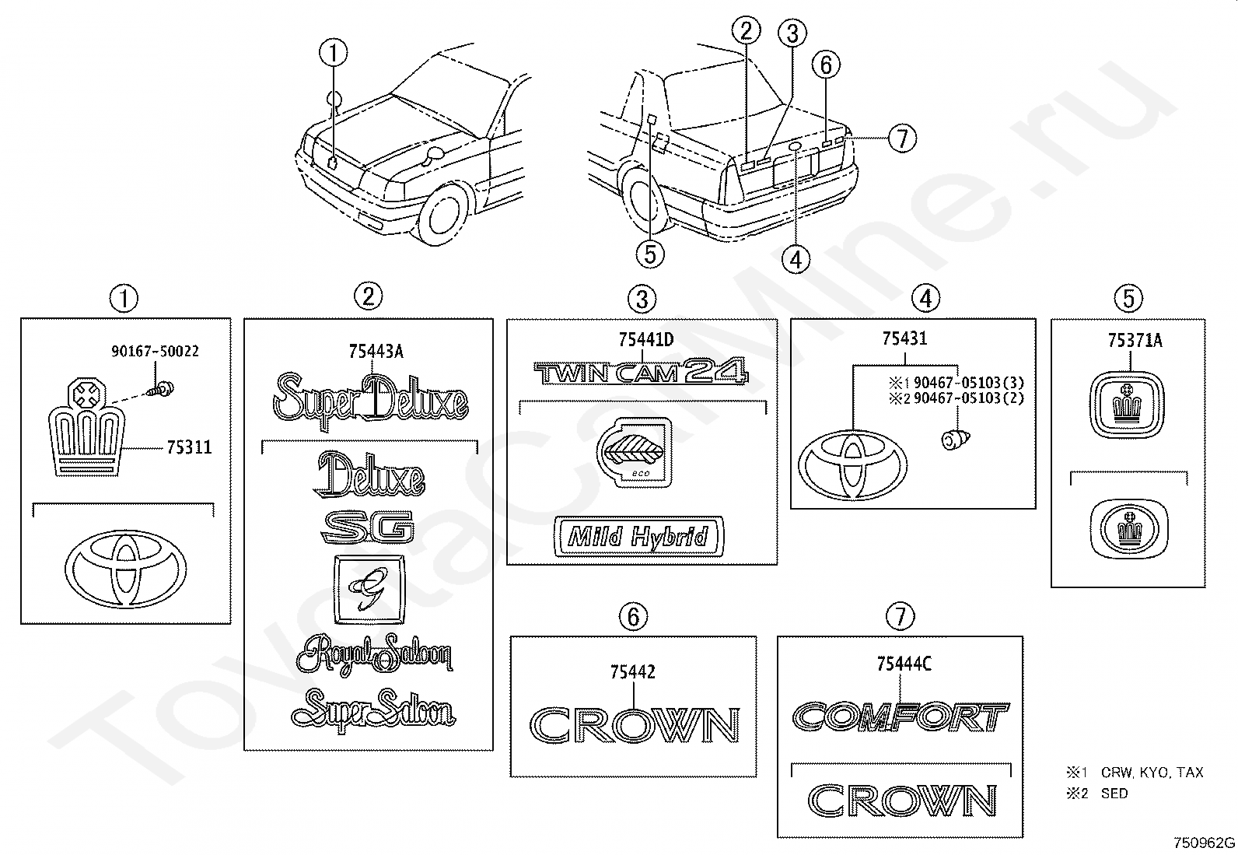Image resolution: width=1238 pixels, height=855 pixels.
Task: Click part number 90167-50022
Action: click(x=155, y=352)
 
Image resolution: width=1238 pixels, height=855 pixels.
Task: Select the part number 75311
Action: click(x=190, y=447)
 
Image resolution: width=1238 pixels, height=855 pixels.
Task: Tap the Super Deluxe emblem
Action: click(x=371, y=400)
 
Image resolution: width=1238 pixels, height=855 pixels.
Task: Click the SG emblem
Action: click(x=368, y=527)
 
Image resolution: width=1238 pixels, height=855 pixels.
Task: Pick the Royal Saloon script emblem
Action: click(x=375, y=655)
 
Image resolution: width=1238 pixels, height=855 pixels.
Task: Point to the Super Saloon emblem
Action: click(x=373, y=710)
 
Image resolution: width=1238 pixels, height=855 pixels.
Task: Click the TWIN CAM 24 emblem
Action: click(x=641, y=371)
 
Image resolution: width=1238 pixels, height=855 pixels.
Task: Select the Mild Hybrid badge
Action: click(x=638, y=537)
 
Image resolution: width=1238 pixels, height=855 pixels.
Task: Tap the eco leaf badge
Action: click(x=635, y=452)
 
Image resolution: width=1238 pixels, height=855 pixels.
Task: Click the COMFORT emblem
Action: click(x=901, y=717)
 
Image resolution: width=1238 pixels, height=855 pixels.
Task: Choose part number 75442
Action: click(x=633, y=672)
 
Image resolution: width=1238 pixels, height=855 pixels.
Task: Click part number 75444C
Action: click(x=904, y=664)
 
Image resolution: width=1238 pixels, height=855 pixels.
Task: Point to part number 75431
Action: click(x=904, y=338)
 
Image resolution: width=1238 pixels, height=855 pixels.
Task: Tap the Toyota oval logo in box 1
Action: click(x=126, y=569)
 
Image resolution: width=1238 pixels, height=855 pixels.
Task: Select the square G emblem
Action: click(x=369, y=590)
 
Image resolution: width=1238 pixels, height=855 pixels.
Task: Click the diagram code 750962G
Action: click(x=1205, y=843)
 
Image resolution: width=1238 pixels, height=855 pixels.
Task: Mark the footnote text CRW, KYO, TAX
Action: click(x=1152, y=772)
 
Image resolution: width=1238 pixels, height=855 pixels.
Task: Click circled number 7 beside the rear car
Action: click(x=902, y=138)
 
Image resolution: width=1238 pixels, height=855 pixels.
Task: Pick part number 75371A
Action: click(x=1135, y=341)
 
